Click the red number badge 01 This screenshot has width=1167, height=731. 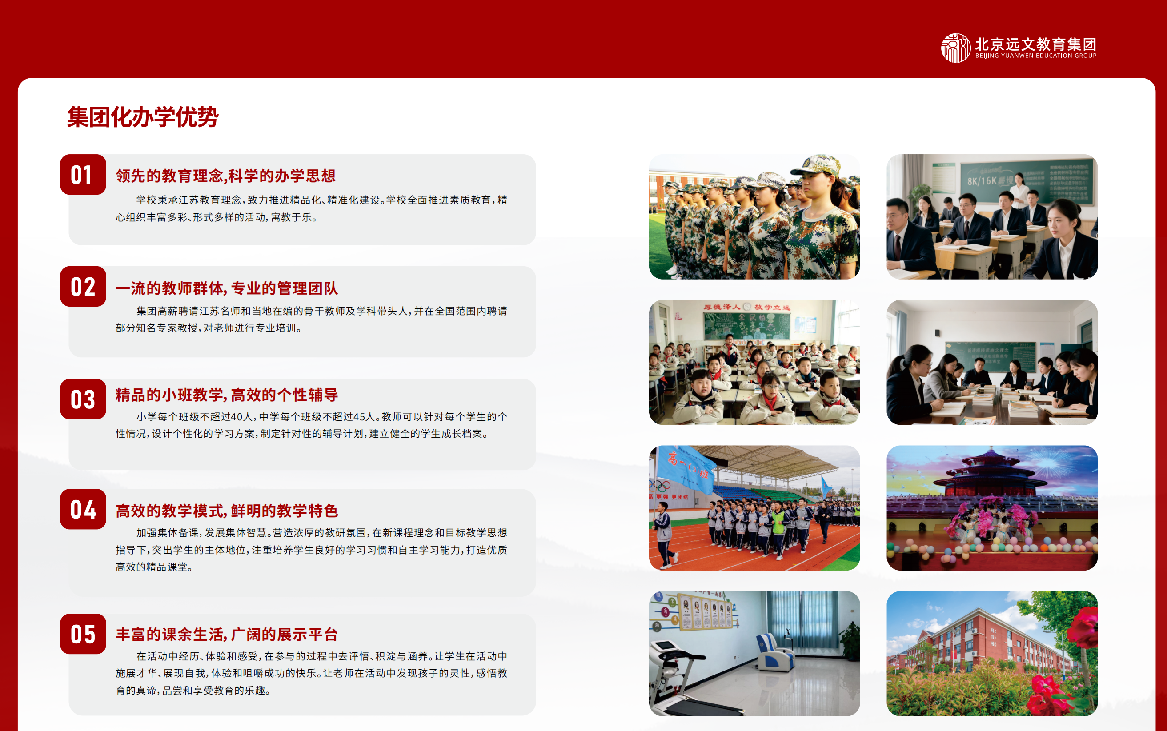[x=83, y=175]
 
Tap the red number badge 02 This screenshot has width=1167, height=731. [x=83, y=286]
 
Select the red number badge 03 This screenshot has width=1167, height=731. [x=83, y=399]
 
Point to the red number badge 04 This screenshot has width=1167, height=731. [x=83, y=509]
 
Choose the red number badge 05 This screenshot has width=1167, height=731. [x=83, y=634]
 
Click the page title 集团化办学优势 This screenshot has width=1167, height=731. [x=143, y=117]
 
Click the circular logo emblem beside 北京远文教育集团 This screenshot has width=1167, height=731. [x=956, y=48]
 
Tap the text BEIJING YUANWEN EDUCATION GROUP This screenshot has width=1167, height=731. [x=1036, y=56]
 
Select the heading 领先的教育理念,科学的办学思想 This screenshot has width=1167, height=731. [x=225, y=176]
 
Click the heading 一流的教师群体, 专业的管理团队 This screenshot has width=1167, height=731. [x=227, y=288]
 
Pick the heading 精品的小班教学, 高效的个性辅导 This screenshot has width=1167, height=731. [x=227, y=395]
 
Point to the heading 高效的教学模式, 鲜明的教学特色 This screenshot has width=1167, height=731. [x=227, y=511]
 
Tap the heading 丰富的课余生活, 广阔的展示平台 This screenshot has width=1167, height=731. [x=227, y=634]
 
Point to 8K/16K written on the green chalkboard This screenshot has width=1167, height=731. [x=982, y=181]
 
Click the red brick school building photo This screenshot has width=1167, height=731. [x=992, y=653]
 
